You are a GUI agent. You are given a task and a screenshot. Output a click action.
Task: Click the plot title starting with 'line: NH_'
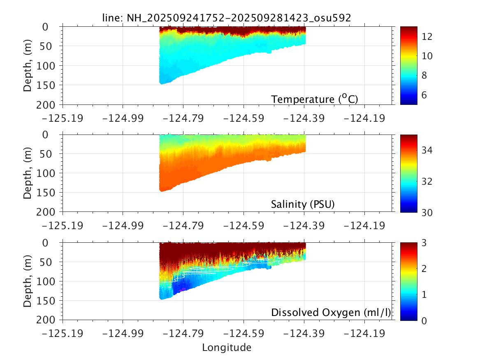click(227, 18)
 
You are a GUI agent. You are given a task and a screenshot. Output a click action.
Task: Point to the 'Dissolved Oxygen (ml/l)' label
click(330, 313)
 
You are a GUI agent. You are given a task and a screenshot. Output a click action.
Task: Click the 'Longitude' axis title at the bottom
click(227, 348)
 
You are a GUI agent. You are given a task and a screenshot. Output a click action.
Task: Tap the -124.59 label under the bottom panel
click(243, 334)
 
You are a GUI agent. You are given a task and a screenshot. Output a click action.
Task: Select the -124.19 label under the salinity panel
click(364, 226)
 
